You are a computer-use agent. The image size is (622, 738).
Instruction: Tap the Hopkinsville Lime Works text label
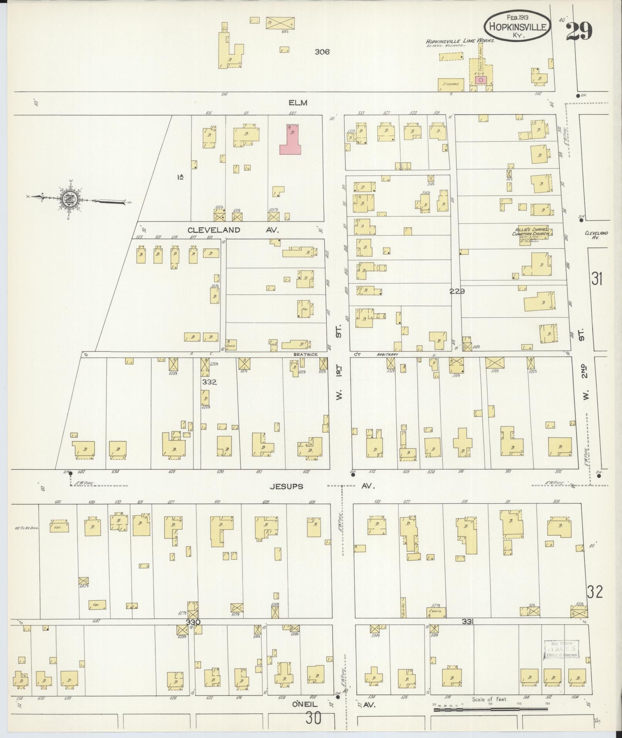tap(460, 41)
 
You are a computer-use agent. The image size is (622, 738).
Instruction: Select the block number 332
tap(209, 382)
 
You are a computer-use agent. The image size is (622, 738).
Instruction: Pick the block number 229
tap(457, 291)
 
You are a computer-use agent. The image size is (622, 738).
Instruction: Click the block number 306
tap(322, 52)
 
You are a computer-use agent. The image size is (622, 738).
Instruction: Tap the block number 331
tap(469, 621)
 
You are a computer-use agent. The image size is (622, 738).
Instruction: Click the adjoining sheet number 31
tap(597, 278)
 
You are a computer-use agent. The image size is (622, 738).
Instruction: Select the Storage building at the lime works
tap(450, 84)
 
